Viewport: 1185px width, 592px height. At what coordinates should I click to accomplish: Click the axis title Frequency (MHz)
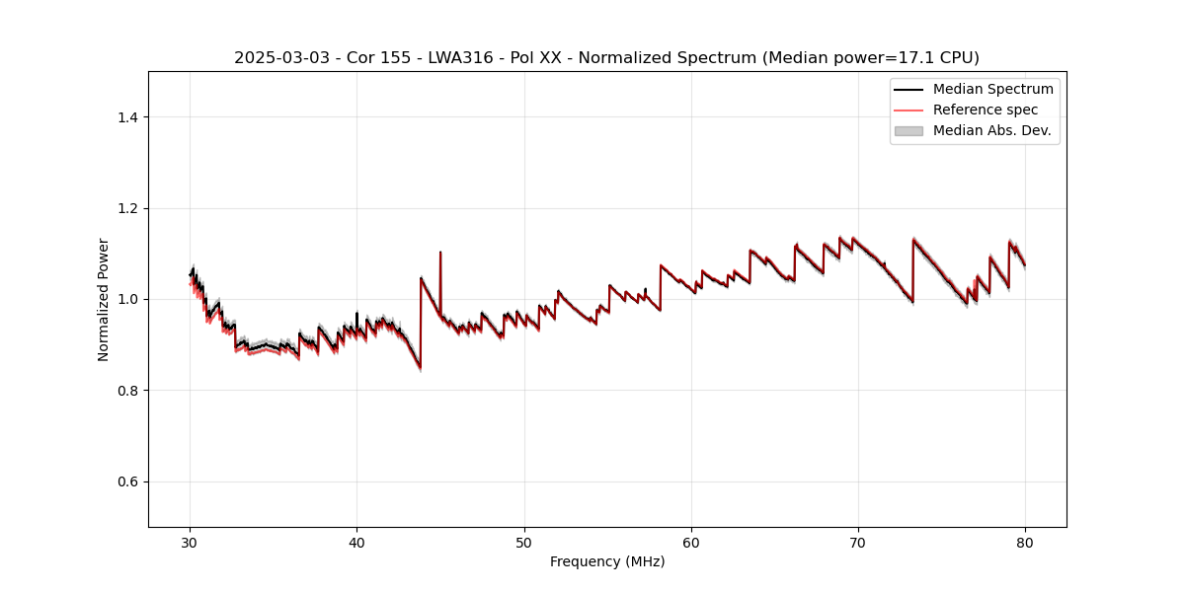coord(607,561)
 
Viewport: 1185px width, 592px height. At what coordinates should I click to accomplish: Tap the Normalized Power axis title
coord(103,299)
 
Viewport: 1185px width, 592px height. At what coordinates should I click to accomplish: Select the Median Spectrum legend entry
coord(992,89)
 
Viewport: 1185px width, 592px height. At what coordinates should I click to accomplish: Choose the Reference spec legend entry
coord(986,110)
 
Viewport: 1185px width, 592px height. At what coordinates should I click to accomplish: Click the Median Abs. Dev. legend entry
coord(991,130)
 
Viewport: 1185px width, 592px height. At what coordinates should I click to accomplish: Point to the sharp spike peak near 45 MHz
coord(440,253)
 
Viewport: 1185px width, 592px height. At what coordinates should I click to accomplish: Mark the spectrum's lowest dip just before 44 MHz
coord(420,368)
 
